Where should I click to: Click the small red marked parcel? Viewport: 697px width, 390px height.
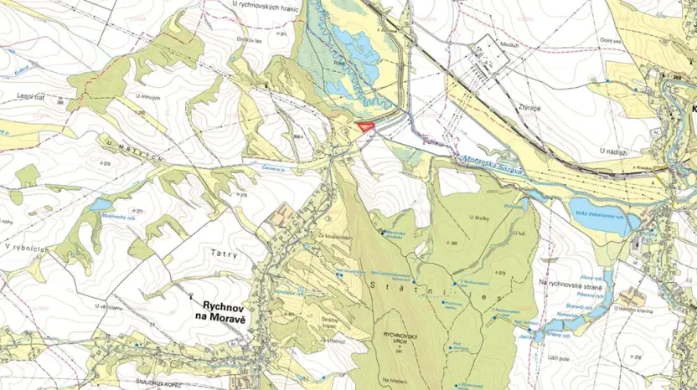click(364, 126)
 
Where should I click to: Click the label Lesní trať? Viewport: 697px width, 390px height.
click(30, 96)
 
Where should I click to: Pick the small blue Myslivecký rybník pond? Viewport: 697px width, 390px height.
click(101, 204)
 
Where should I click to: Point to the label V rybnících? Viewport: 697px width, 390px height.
click(22, 248)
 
